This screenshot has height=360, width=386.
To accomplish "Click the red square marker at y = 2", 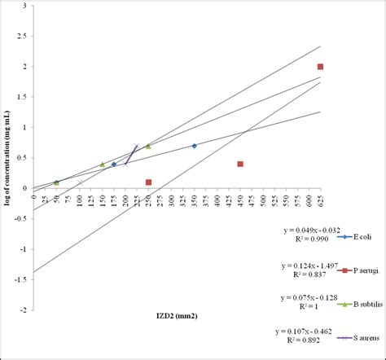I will [x=321, y=67].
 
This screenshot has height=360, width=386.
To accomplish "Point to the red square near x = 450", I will [x=240, y=164].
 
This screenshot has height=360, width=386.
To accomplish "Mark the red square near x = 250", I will [x=148, y=182].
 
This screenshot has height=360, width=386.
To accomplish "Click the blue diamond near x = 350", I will [x=194, y=146].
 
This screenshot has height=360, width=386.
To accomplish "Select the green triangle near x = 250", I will [x=148, y=146].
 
